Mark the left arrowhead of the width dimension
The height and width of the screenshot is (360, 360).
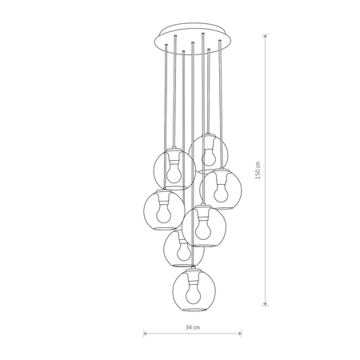[x=145, y=334]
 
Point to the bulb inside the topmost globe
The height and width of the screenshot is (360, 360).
[x=210, y=154]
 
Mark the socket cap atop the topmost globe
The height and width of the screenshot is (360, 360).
[x=210, y=138]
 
